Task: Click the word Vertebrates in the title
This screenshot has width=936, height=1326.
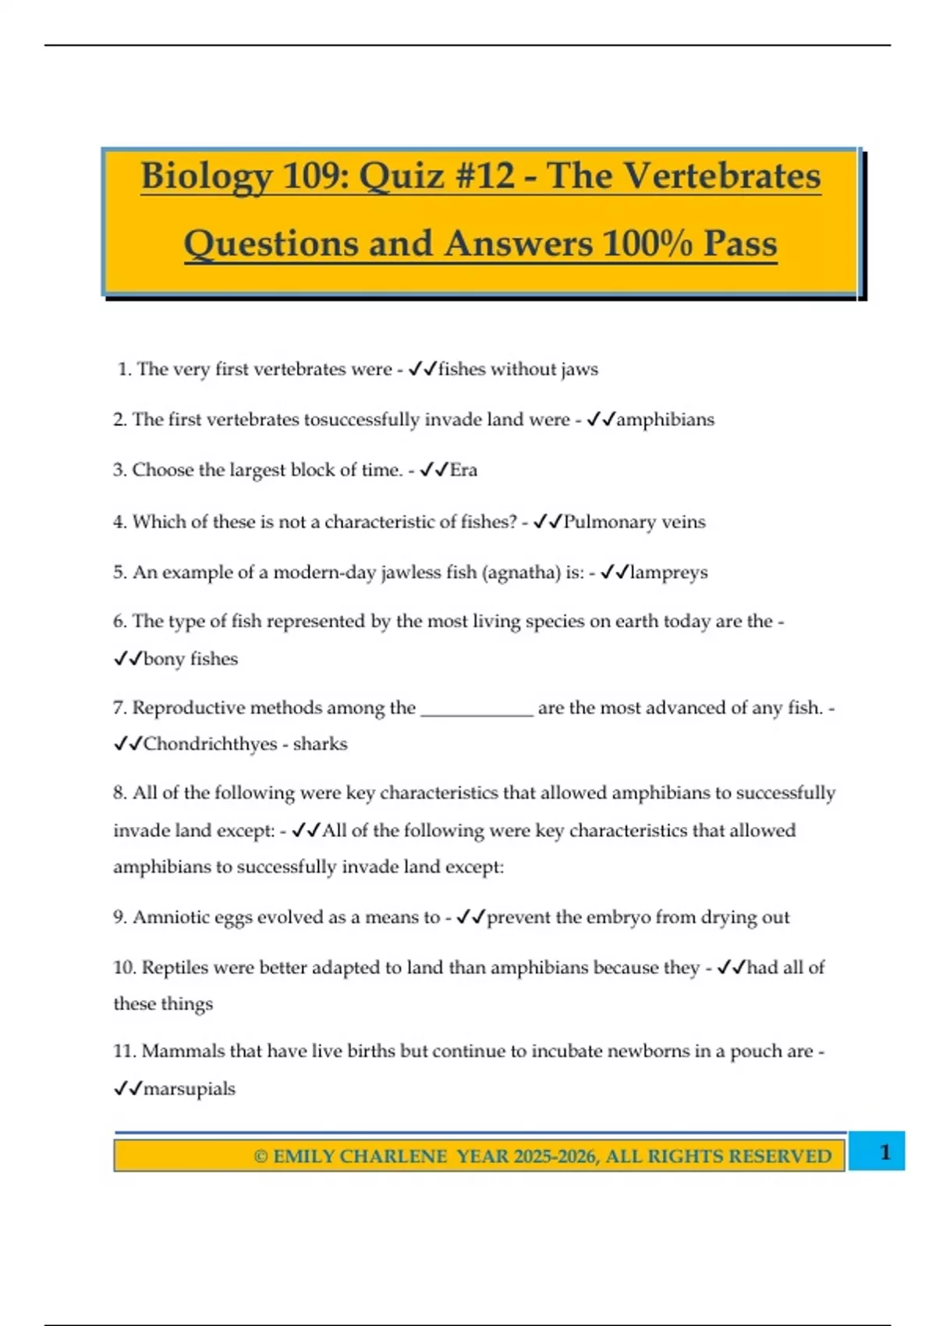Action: click(721, 175)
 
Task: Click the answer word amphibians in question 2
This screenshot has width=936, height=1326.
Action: click(665, 420)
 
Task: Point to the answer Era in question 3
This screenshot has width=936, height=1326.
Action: click(463, 470)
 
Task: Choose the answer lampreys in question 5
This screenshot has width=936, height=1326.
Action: click(668, 573)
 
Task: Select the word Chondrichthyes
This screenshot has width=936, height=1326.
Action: click(210, 744)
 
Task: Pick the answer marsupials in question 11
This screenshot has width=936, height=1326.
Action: click(189, 1089)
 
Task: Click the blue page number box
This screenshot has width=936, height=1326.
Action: click(877, 1151)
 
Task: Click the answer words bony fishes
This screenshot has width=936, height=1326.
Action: click(190, 659)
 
